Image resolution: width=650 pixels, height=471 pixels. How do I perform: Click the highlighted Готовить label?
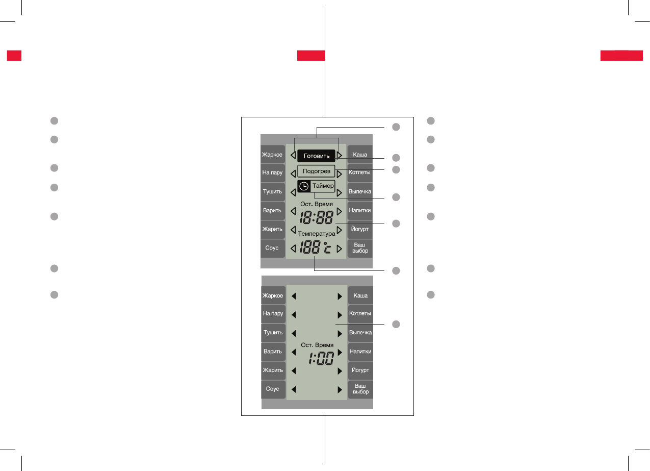point(316,156)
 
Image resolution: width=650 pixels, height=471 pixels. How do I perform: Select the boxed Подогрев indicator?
point(316,171)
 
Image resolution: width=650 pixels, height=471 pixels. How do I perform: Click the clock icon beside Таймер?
point(303,186)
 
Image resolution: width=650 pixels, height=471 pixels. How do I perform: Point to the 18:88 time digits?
point(316,218)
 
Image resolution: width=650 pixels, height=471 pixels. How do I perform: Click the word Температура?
point(317,233)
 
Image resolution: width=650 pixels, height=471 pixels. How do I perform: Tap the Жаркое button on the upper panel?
point(272,155)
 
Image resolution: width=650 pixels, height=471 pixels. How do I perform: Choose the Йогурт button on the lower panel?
point(360,370)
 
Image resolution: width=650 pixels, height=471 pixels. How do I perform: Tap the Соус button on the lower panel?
point(273,389)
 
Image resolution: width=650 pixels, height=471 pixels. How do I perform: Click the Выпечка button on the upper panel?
point(360,191)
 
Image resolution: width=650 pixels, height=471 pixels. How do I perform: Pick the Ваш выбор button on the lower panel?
point(360,389)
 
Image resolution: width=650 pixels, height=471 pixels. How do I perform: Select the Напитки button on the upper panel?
point(360,210)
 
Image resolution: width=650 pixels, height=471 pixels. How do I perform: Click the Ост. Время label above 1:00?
point(317,345)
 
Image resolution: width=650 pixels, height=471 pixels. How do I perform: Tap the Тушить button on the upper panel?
point(272,191)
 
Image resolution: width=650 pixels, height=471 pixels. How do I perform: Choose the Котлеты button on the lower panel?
point(360,313)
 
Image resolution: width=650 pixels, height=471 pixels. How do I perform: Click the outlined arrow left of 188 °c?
point(293,249)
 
